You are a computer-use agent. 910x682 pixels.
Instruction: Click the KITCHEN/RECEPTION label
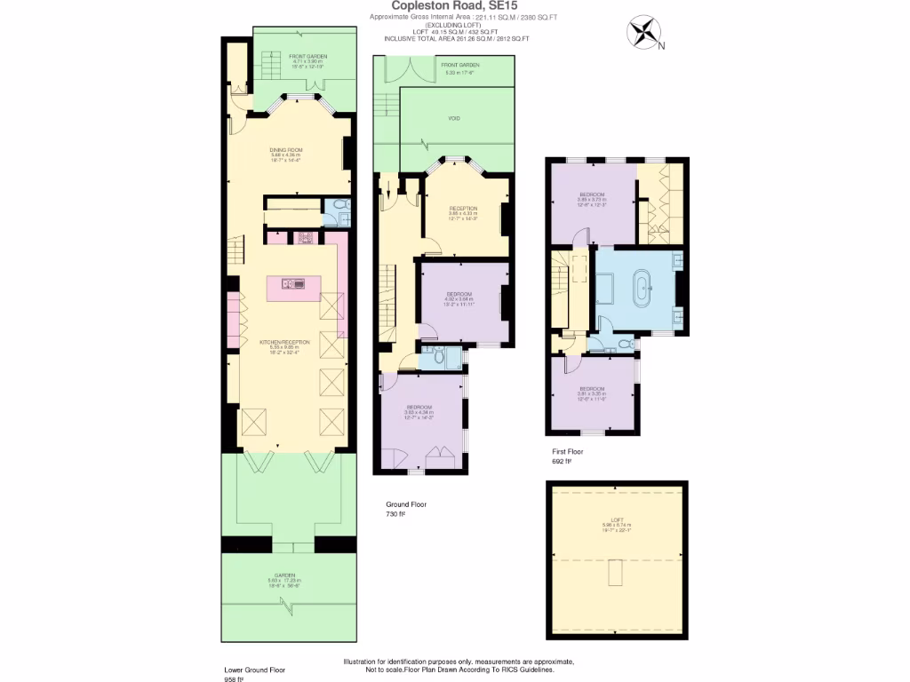pyautogui.click(x=284, y=342)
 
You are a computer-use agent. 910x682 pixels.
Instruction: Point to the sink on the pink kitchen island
pyautogui.click(x=293, y=284)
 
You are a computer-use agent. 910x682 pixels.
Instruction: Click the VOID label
pyautogui.click(x=455, y=117)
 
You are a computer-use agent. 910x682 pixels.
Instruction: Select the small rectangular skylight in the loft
pyautogui.click(x=614, y=574)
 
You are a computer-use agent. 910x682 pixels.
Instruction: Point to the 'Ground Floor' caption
pyautogui.click(x=405, y=504)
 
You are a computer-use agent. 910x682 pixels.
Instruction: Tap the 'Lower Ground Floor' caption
pyautogui.click(x=254, y=670)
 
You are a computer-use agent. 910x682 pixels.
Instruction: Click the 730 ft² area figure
pyautogui.click(x=395, y=514)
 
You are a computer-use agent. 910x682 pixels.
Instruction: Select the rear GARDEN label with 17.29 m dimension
pyautogui.click(x=284, y=575)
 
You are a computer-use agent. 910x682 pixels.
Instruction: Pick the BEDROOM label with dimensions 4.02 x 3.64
pyautogui.click(x=459, y=294)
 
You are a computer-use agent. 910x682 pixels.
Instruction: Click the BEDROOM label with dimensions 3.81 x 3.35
pyautogui.click(x=593, y=389)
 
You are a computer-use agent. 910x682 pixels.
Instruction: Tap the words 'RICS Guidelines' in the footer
pyautogui.click(x=528, y=670)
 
